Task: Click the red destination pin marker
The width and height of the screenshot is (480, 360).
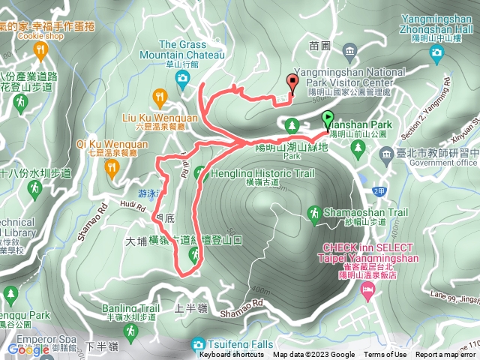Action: tap(292, 82)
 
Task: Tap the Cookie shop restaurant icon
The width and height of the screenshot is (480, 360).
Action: tap(40, 49)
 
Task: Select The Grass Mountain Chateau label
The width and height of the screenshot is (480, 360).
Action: tap(192, 44)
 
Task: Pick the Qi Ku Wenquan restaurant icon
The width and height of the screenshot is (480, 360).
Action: tap(113, 167)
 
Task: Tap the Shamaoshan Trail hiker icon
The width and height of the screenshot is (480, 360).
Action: tap(314, 213)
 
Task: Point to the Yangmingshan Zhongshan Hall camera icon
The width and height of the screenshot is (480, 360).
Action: tap(436, 52)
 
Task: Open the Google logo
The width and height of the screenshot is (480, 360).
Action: tap(28, 349)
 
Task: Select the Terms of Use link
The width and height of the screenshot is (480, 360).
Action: tap(385, 355)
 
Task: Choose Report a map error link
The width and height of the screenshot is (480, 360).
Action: tap(445, 355)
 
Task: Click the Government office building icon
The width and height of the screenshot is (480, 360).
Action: tap(387, 155)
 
